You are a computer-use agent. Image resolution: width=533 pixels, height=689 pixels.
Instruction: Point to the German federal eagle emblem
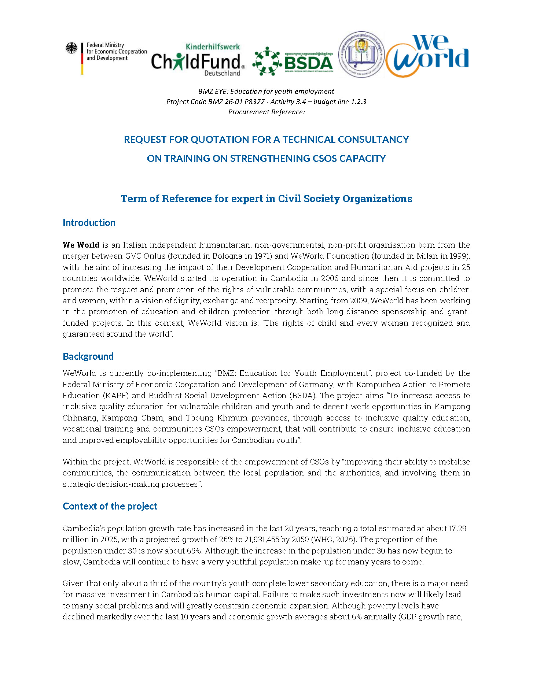pos(71,48)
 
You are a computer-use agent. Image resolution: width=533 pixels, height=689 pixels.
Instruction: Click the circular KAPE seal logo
pos(361,54)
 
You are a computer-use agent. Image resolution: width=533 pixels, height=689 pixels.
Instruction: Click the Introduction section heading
pos(89,223)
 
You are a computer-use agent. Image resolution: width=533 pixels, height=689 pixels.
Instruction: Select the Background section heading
pos(88,356)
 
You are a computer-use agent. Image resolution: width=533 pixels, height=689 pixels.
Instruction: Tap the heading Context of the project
pos(110,506)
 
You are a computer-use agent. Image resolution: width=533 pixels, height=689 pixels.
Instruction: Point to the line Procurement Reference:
pos(266,112)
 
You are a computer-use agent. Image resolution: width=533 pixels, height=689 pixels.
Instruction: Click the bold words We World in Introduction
pos(81,245)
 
